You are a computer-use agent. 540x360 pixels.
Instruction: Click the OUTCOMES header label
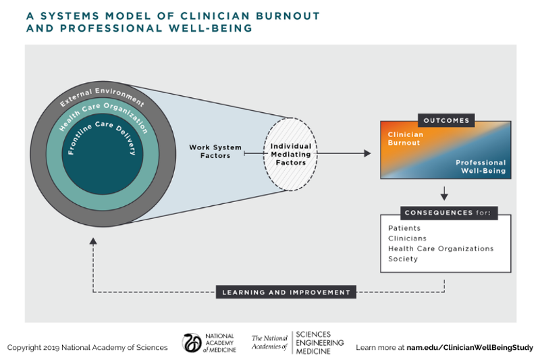pyautogui.click(x=445, y=121)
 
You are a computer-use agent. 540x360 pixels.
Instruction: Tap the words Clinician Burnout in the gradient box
pyautogui.click(x=406, y=138)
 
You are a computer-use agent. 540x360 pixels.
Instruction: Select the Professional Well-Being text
pyautogui.click(x=481, y=167)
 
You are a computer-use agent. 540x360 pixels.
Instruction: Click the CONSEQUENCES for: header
pyautogui.click(x=446, y=213)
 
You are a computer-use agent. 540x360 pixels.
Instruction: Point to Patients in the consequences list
pyautogui.click(x=404, y=228)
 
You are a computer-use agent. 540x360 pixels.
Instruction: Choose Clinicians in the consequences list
pyautogui.click(x=407, y=238)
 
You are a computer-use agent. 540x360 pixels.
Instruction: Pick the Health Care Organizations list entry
pyautogui.click(x=441, y=249)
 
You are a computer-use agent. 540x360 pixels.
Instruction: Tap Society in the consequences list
pyautogui.click(x=403, y=259)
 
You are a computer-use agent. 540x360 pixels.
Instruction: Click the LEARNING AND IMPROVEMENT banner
pyautogui.click(x=286, y=292)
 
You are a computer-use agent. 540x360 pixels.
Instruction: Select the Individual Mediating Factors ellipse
pyautogui.click(x=290, y=154)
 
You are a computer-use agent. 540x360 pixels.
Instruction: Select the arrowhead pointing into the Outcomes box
pyautogui.click(x=367, y=153)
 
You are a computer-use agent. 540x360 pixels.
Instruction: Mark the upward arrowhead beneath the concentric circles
pyautogui.click(x=92, y=241)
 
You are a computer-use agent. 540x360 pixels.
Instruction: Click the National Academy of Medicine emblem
pyautogui.click(x=192, y=343)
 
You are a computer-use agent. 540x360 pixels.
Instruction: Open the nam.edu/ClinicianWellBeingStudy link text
pyautogui.click(x=470, y=347)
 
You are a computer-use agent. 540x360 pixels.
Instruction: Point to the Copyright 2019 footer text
pyautogui.click(x=87, y=347)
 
